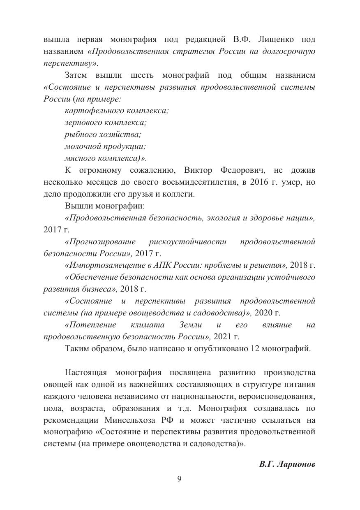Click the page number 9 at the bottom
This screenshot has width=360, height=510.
(179, 478)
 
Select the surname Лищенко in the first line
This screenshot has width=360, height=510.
(277, 39)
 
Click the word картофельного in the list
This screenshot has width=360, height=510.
(90, 111)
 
